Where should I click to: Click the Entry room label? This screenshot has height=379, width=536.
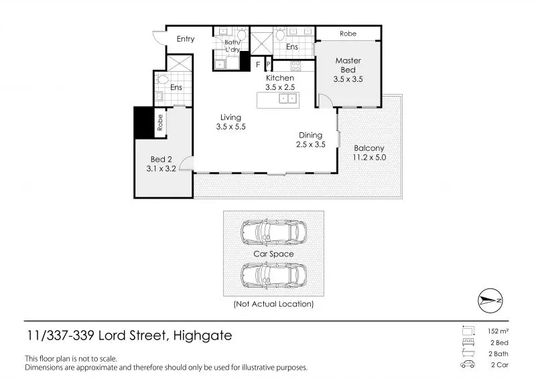pyautogui.click(x=186, y=39)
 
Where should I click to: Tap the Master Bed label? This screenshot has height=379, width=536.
pyautogui.click(x=348, y=65)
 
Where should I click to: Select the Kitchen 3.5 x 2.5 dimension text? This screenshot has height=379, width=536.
pyautogui.click(x=280, y=87)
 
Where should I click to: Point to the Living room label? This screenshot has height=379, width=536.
pyautogui.click(x=230, y=117)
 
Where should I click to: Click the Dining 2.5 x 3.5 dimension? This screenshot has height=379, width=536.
pyautogui.click(x=311, y=144)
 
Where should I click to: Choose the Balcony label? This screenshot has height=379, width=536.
pyautogui.click(x=369, y=148)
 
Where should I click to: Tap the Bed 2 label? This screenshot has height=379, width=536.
pyautogui.click(x=161, y=159)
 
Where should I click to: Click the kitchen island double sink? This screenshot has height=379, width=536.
pyautogui.click(x=287, y=99)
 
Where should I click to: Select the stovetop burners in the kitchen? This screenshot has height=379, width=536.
pyautogui.click(x=295, y=66)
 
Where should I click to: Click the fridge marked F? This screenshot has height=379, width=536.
pyautogui.click(x=258, y=64)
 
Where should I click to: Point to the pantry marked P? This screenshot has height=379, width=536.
pyautogui.click(x=269, y=64)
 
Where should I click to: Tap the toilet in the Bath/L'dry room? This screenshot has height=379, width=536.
pyautogui.click(x=242, y=35)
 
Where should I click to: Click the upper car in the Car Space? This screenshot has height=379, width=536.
pyautogui.click(x=273, y=233)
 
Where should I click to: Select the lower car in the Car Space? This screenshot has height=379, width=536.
pyautogui.click(x=273, y=276)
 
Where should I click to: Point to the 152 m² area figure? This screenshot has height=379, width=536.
pyautogui.click(x=498, y=331)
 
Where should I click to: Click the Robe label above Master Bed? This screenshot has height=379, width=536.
pyautogui.click(x=348, y=34)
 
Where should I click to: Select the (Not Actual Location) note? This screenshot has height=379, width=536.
pyautogui.click(x=273, y=304)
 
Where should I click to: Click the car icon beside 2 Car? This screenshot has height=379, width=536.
pyautogui.click(x=467, y=364)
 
